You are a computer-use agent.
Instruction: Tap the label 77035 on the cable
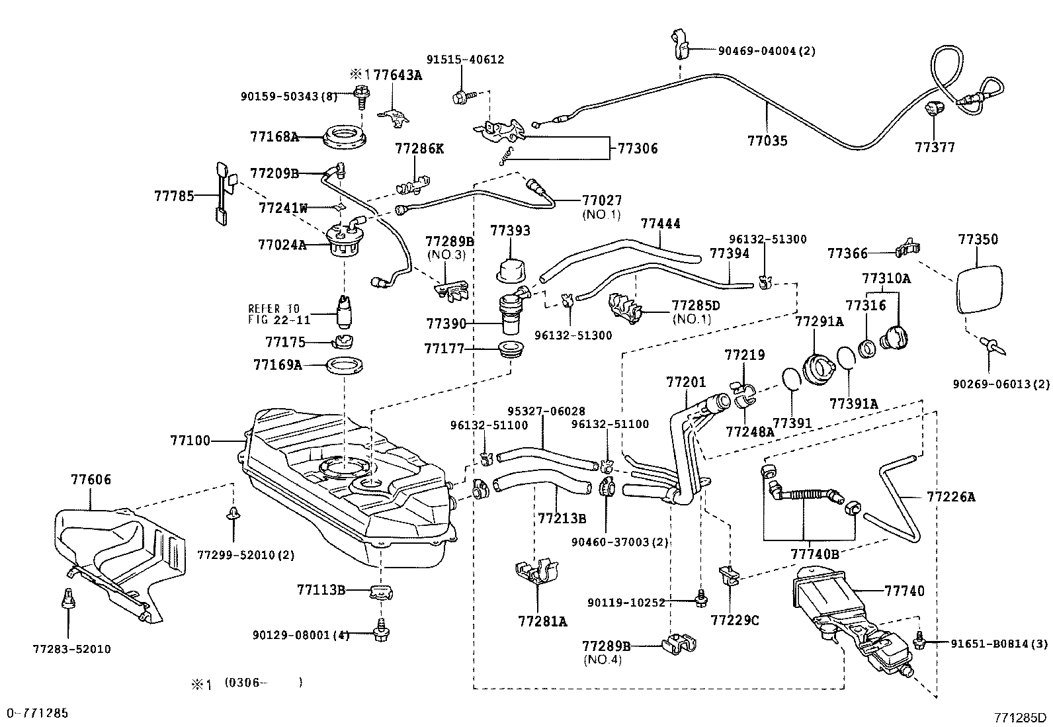pyautogui.click(x=767, y=141)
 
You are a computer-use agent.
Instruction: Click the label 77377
pyautogui.click(x=935, y=148)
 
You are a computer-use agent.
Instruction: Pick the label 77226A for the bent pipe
pyautogui.click(x=950, y=496)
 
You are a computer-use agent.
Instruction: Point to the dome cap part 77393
pyautogui.click(x=509, y=271)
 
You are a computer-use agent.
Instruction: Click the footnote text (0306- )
pyautogui.click(x=263, y=682)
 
